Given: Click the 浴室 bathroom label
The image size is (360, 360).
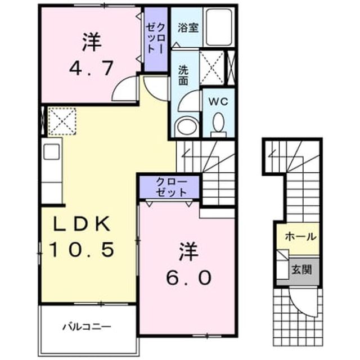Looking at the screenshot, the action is click(188, 28).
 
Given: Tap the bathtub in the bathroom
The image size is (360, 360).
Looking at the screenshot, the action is click(219, 28).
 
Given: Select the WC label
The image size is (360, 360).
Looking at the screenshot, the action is click(218, 101).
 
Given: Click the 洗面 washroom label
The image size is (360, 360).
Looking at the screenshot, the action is click(183, 75).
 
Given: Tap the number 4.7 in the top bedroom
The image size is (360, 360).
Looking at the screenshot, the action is click(91, 68).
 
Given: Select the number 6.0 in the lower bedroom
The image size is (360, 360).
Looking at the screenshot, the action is click(189, 277).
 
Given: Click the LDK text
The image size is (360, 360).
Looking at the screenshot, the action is click(81, 224).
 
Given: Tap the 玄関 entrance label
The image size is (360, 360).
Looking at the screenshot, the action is click(301, 269).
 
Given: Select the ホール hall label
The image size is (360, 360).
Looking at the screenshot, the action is click(300, 236).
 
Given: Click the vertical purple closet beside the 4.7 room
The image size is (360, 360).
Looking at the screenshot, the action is click(156, 39).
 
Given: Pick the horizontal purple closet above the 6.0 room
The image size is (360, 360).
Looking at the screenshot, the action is click(169, 187).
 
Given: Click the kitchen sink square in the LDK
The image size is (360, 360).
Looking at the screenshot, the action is click(51, 151).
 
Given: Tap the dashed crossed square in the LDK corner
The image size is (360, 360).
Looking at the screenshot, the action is click(62, 121).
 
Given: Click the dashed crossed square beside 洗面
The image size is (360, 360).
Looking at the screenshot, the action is click(211, 67).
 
